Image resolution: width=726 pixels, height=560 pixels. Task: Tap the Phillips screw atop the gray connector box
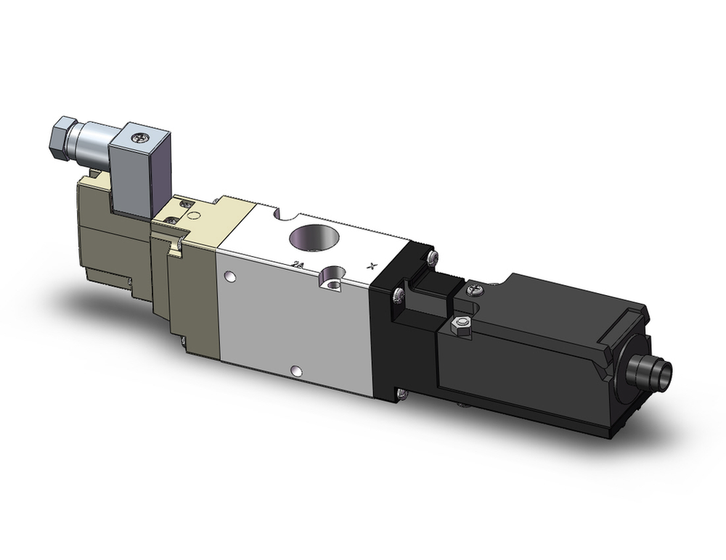pyautogui.click(x=138, y=134)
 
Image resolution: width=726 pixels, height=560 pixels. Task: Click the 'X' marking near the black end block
pyautogui.click(x=372, y=265)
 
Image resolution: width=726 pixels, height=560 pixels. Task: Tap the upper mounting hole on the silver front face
pyautogui.click(x=230, y=276)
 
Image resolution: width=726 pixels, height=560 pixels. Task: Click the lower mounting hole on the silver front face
pyautogui.click(x=295, y=372)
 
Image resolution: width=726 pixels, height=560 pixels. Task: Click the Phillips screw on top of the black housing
pyautogui.click(x=473, y=290)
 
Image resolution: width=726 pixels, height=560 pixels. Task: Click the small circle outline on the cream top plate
pyautogui.click(x=192, y=215)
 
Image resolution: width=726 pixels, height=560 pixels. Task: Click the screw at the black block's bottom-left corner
pyautogui.click(x=401, y=394)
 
